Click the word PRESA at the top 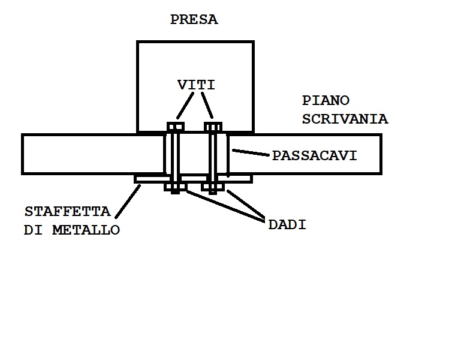(194, 20)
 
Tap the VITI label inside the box (196, 85)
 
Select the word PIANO (326, 101)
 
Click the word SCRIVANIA (345, 119)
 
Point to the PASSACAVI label (314, 156)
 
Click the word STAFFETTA (68, 212)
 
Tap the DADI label (287, 225)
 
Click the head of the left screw (175, 127)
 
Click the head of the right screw (213, 127)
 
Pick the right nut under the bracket (213, 187)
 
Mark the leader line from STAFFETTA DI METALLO (128, 201)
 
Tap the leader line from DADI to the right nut (245, 206)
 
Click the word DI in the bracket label (32, 230)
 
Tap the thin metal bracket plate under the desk (150, 179)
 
